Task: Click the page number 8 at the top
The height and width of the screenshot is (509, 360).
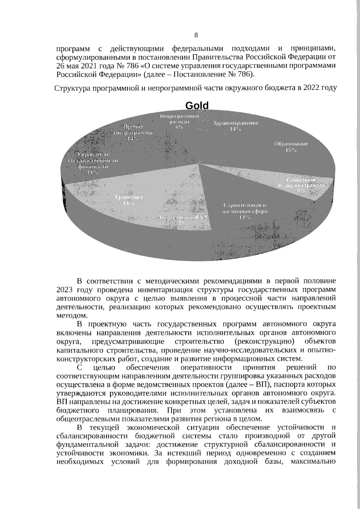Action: (196, 35)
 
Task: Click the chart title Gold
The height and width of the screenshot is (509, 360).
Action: (196, 106)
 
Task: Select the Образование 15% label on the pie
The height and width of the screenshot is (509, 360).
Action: (291, 147)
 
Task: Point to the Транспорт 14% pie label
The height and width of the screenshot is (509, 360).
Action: (129, 200)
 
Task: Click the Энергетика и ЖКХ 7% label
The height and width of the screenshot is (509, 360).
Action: (183, 220)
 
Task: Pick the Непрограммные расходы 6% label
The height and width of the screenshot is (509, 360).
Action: (179, 121)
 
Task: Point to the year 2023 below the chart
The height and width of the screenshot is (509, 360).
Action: (65, 290)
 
